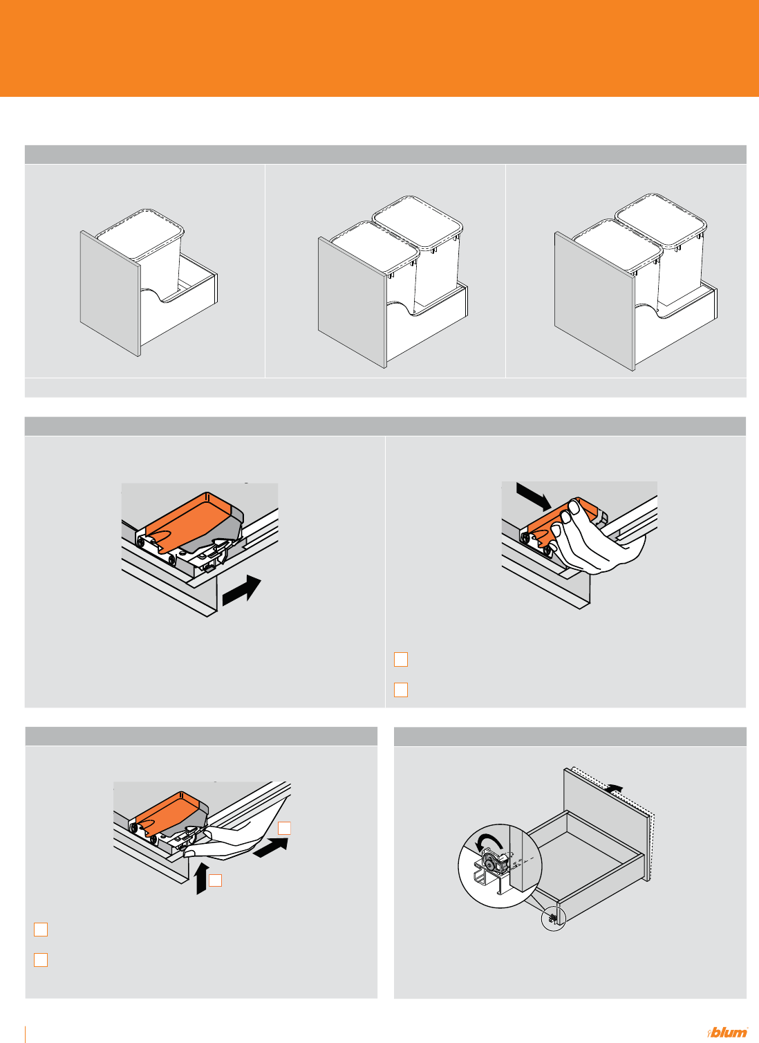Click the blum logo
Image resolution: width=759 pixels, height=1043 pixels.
(x=727, y=1031)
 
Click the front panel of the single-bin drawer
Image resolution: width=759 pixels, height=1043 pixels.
(x=111, y=293)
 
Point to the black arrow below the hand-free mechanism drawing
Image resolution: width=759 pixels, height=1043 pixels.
(x=241, y=591)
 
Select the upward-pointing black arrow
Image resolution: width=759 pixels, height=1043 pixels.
(x=200, y=878)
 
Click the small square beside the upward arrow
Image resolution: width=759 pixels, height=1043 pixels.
(x=216, y=880)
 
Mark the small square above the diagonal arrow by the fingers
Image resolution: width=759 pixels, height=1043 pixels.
(x=284, y=829)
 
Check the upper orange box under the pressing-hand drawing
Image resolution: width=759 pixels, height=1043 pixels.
(x=401, y=659)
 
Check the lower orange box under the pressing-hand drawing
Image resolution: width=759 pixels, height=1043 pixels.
(x=401, y=690)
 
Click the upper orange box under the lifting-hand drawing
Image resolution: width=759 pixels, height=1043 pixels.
(x=41, y=930)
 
